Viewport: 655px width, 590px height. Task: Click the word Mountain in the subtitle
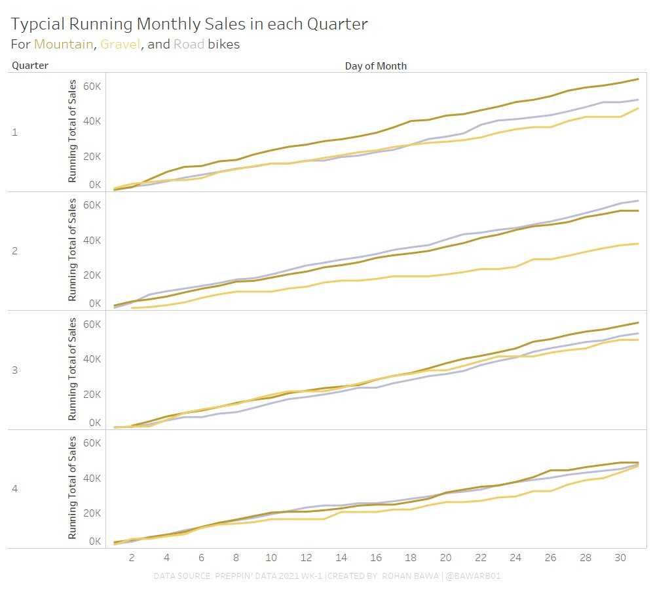pyautogui.click(x=64, y=45)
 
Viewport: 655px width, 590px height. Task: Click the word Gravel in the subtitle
pyautogui.click(x=120, y=45)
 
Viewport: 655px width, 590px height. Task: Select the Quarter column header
pyautogui.click(x=30, y=66)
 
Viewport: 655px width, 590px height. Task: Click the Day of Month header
pyautogui.click(x=375, y=66)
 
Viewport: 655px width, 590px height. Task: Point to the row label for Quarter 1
pyautogui.click(x=15, y=132)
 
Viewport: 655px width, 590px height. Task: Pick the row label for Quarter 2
pyautogui.click(x=15, y=251)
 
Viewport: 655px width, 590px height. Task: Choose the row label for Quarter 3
pyautogui.click(x=15, y=370)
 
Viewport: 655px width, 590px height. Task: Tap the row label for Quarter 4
pyautogui.click(x=15, y=489)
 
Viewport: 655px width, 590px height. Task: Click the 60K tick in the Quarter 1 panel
pyautogui.click(x=91, y=86)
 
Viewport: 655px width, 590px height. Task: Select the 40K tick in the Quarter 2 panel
pyautogui.click(x=91, y=240)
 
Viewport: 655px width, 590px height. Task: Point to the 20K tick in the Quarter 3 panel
pyautogui.click(x=91, y=394)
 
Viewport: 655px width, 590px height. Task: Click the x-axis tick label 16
pyautogui.click(x=375, y=557)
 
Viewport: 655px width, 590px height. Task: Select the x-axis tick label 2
pyautogui.click(x=132, y=557)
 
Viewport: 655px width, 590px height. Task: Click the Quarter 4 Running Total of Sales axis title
pyautogui.click(x=73, y=489)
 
